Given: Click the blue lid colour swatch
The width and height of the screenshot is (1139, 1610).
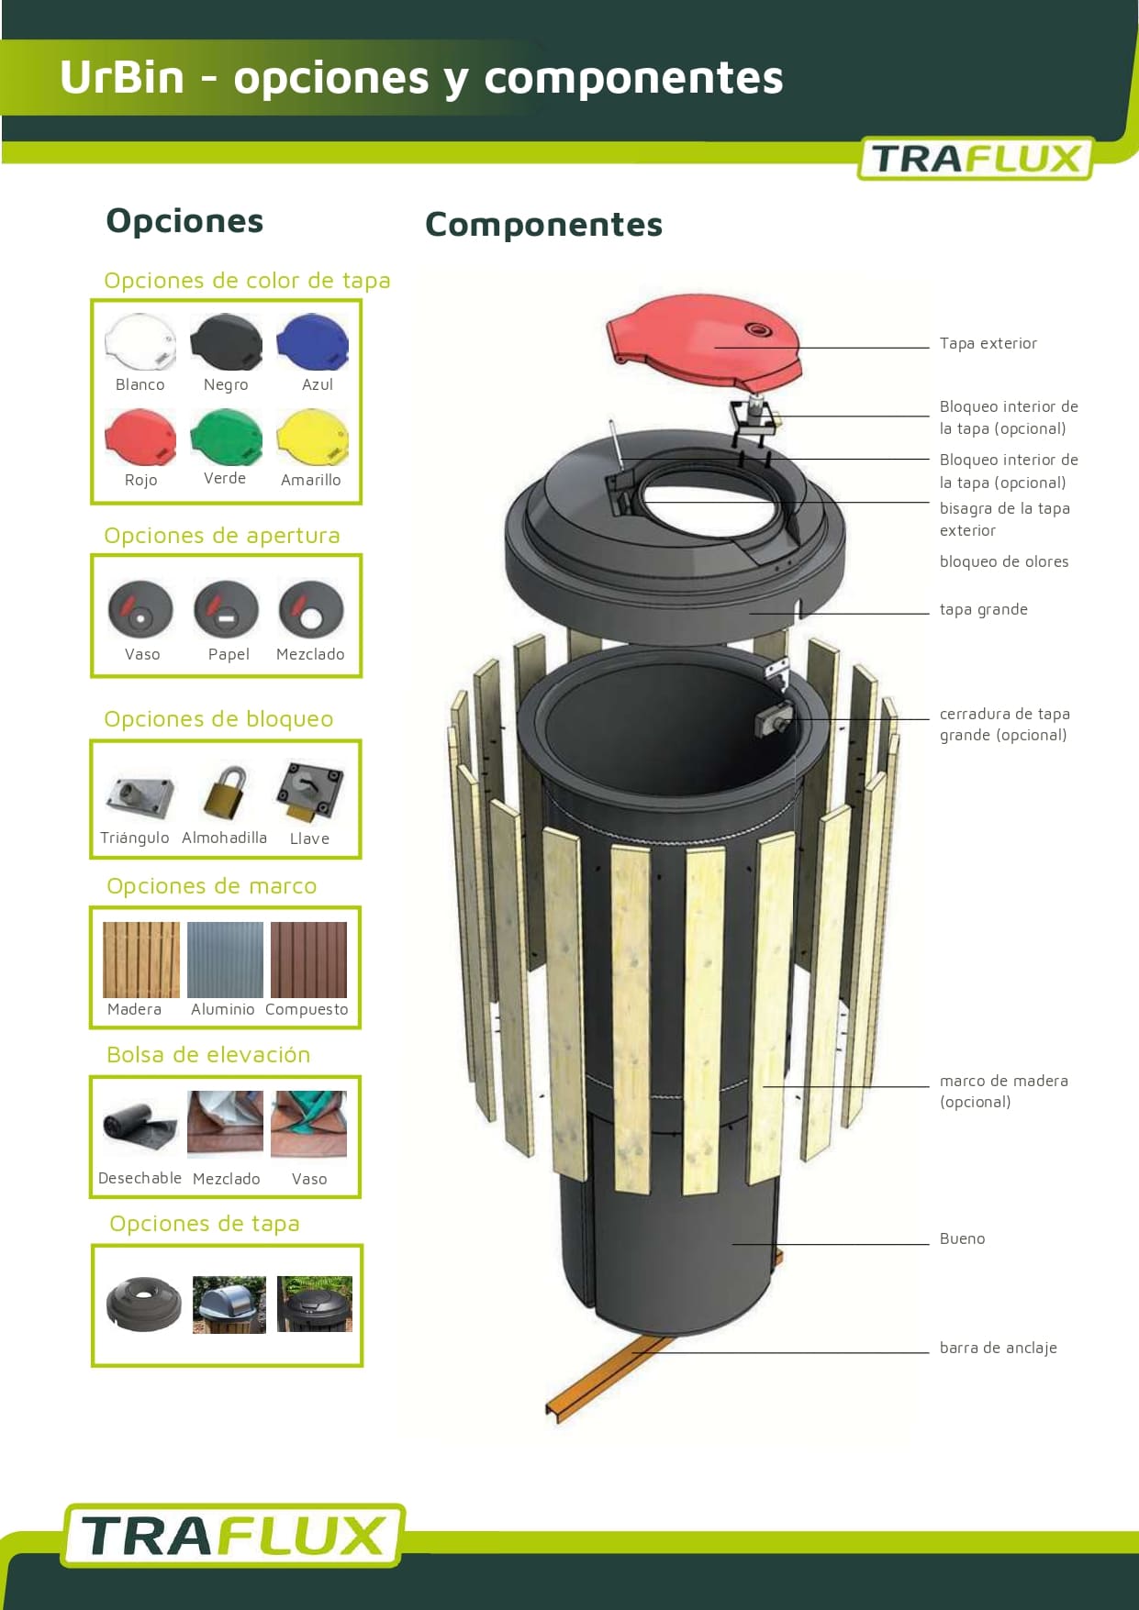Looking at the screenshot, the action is [x=313, y=342].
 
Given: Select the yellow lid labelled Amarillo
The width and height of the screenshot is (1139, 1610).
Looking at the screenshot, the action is [x=313, y=438].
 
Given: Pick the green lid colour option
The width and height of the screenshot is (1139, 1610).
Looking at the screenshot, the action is [x=227, y=437].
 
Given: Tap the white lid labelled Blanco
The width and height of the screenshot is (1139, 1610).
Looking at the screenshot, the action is [x=140, y=342].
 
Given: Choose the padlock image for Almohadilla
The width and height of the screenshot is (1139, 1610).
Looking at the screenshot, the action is [x=224, y=793].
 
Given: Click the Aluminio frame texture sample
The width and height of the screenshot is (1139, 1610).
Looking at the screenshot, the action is [x=225, y=960].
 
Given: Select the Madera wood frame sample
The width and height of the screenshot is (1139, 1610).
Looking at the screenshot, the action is [x=141, y=960].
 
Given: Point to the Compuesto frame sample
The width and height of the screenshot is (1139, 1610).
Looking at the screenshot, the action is [x=309, y=960].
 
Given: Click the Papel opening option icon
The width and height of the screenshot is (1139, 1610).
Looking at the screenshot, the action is [x=227, y=610].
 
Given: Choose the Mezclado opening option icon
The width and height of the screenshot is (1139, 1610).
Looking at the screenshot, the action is [x=310, y=610].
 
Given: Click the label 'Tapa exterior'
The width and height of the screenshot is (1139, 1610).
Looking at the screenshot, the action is [x=988, y=343].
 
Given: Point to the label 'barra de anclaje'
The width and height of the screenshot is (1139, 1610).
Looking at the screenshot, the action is [x=999, y=1348].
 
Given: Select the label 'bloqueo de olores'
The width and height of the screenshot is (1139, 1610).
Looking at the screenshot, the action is [x=1004, y=561].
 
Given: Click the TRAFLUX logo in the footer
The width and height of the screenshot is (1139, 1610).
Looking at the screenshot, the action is [x=233, y=1535].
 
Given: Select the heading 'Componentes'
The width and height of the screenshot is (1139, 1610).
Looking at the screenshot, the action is [x=543, y=225].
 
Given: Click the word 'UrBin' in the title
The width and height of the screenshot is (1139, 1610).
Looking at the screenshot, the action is [x=122, y=77].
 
